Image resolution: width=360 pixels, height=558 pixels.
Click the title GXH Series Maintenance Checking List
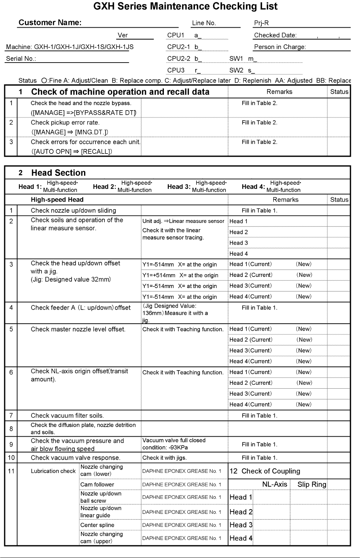(185, 7)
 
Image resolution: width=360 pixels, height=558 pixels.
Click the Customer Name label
(50, 23)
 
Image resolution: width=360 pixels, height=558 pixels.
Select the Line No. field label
(204, 23)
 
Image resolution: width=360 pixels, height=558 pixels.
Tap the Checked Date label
(275, 35)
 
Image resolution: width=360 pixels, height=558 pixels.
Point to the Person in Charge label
(280, 47)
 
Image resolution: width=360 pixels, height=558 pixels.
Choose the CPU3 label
(176, 70)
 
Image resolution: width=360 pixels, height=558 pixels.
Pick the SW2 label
(236, 70)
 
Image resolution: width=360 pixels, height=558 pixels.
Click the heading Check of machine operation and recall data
(120, 92)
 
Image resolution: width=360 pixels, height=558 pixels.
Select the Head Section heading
(58, 173)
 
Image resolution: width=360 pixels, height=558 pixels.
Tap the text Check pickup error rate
(65, 123)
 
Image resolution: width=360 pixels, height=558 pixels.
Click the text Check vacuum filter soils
(67, 416)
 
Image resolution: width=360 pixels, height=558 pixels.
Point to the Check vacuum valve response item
(76, 458)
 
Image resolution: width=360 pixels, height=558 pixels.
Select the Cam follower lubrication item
(97, 485)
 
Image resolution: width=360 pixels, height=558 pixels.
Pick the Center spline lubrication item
(97, 525)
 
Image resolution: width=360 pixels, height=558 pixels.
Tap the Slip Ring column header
(312, 485)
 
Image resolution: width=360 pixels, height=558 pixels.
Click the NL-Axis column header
(274, 485)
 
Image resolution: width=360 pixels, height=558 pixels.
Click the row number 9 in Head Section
(11, 444)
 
